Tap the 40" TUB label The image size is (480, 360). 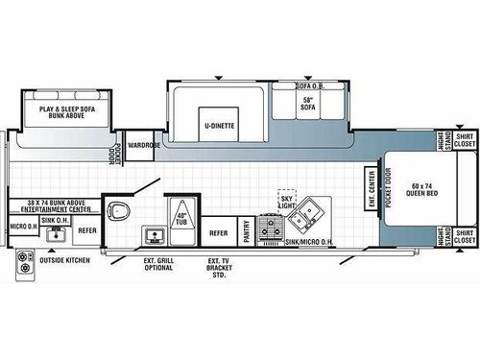coord(180,218)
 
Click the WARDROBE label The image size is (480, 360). coord(143,147)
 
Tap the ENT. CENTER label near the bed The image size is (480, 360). coord(372,188)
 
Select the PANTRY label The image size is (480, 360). coord(247,232)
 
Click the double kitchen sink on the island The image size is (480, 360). coord(309,213)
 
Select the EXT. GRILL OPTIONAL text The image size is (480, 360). coord(159,263)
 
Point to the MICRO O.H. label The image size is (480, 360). coord(24,227)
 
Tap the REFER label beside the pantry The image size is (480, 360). coord(219,232)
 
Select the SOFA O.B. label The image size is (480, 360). coord(309,85)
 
